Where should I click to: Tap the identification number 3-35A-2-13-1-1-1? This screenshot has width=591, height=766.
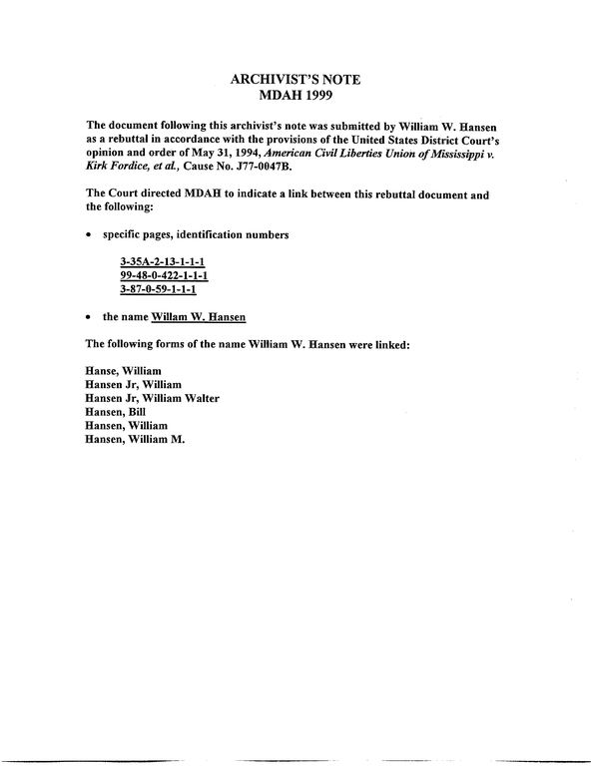163,262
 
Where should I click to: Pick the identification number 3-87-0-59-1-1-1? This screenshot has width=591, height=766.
160,289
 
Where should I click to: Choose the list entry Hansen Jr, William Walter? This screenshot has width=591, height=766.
153,397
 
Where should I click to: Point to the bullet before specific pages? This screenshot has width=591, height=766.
91,234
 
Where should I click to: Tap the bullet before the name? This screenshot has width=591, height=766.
91,316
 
